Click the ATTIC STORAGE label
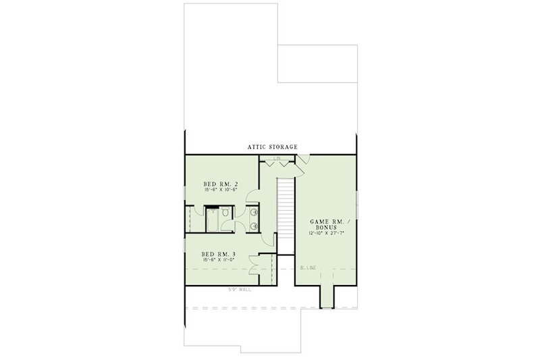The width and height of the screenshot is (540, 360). (273, 146)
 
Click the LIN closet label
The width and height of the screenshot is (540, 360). (277, 159)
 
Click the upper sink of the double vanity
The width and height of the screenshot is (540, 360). (253, 212)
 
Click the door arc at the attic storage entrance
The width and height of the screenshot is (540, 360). (303, 159)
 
